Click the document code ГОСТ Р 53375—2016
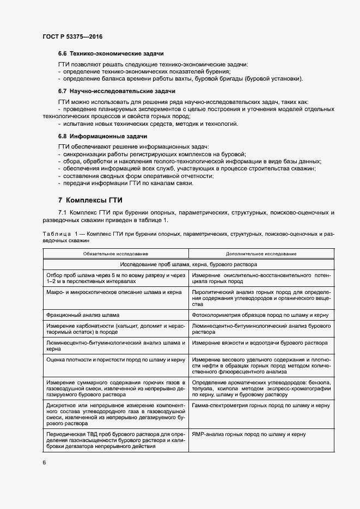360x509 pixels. tap(72, 36)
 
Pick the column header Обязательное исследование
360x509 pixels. tap(115, 254)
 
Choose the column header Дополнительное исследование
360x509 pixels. tap(261, 254)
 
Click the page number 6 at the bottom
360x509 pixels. tap(44, 462)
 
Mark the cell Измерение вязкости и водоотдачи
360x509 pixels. tap(259, 343)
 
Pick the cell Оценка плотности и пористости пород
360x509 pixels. tap(115, 360)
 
